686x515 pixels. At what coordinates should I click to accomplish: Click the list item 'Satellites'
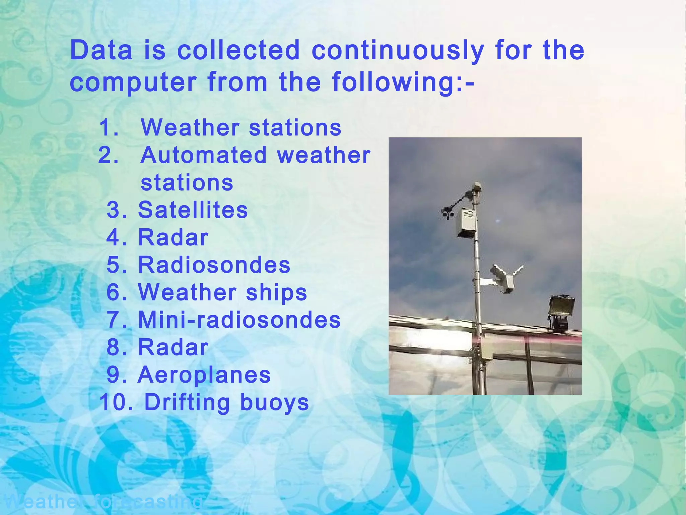193,210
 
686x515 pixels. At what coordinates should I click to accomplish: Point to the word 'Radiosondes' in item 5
214,265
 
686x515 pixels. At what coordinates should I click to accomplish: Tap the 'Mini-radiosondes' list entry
239,320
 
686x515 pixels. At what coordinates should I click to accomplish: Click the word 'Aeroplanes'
204,375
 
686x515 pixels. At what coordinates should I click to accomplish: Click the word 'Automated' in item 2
204,156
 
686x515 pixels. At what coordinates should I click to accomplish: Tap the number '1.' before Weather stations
109,128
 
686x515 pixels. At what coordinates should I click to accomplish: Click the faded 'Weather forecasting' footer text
104,502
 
